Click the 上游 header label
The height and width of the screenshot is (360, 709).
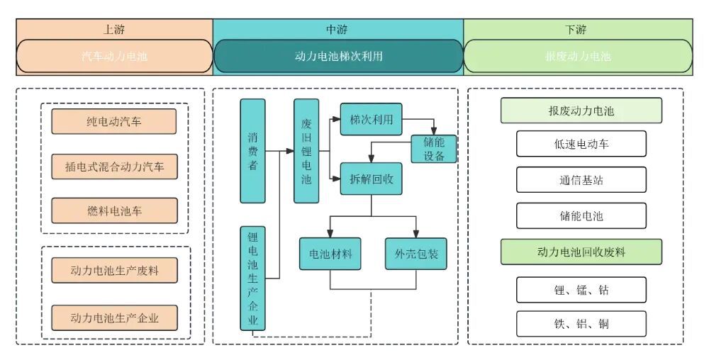[x=114, y=30]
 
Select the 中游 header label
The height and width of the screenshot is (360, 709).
[x=337, y=30]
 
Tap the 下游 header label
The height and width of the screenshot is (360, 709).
[x=578, y=30]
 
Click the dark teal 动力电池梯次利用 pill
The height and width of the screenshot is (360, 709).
[x=337, y=56]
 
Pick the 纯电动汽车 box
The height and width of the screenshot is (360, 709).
[x=113, y=121]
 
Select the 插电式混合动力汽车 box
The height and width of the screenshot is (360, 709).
[x=113, y=167]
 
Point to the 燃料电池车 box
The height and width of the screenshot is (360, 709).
[x=113, y=210]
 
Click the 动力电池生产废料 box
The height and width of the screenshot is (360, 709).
[x=113, y=270]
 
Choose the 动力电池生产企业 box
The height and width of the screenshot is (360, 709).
[x=113, y=317]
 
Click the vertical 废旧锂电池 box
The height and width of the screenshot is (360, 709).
[x=306, y=151]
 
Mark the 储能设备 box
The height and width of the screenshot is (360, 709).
[x=435, y=149]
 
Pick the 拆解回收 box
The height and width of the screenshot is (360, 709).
[x=371, y=179]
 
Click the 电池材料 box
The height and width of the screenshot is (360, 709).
[x=331, y=253]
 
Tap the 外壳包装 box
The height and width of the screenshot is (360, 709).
[x=416, y=253]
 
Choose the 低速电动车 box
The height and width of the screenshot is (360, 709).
[x=581, y=144]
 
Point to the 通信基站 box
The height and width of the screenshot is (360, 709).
[x=581, y=180]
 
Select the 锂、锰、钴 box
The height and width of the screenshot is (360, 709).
[x=581, y=289]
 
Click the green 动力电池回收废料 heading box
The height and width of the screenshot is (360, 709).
[x=581, y=252]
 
